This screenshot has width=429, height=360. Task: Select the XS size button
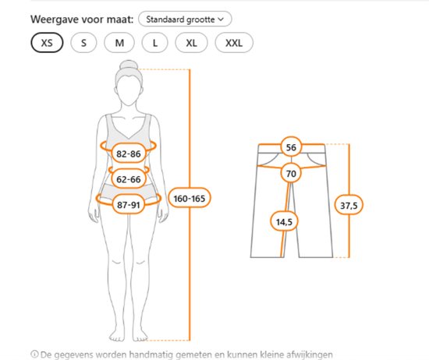(x=47, y=43)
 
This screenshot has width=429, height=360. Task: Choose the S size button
(x=83, y=43)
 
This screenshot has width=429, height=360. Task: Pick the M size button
(x=119, y=43)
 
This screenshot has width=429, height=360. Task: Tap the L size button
(x=155, y=43)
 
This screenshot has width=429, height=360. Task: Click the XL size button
(x=191, y=43)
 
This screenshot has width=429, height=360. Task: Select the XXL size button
(x=234, y=43)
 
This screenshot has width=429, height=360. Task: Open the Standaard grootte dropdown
(x=185, y=19)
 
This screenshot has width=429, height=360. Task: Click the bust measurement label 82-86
(x=129, y=154)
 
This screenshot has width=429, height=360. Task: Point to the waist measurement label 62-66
(x=129, y=179)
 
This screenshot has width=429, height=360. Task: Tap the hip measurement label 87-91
(x=129, y=204)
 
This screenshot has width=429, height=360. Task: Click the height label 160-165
(x=190, y=198)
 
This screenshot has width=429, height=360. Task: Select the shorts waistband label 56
(x=291, y=147)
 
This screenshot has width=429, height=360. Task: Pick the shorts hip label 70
(x=291, y=173)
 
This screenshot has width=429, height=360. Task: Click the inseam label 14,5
(x=284, y=221)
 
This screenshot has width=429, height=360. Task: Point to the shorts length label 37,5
(x=349, y=205)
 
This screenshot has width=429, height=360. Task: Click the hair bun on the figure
(x=129, y=65)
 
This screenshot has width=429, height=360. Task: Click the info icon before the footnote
(x=34, y=355)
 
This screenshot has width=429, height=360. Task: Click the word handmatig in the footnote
(x=151, y=355)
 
